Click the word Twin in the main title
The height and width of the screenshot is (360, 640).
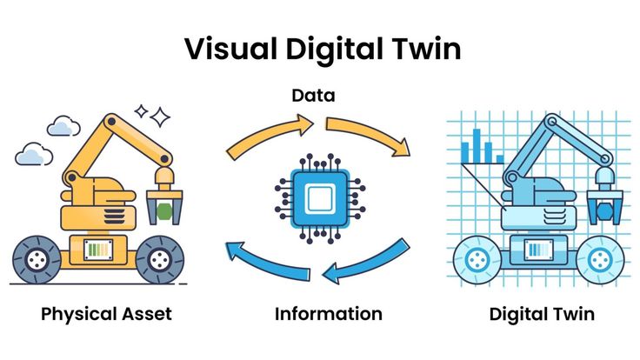[426, 50]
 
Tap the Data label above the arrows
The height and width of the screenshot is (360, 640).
[313, 94]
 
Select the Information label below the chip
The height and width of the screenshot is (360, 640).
[328, 314]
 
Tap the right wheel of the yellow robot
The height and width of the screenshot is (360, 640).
[159, 258]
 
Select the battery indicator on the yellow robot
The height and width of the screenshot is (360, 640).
[97, 250]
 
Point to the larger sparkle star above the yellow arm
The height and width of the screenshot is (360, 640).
[159, 117]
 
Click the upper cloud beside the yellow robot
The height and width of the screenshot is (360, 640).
[63, 128]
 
